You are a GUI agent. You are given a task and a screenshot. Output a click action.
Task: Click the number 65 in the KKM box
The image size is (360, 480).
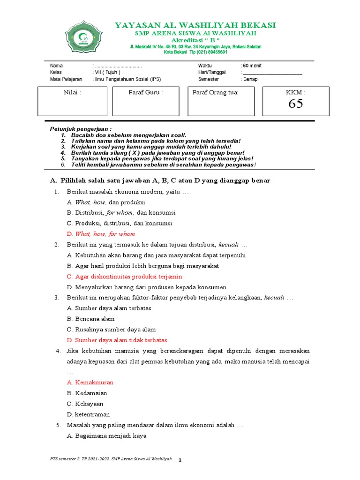click(295, 104)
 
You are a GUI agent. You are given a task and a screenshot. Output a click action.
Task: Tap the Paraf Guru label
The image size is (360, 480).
click(145, 92)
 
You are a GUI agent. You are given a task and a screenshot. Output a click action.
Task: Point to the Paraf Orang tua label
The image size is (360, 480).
click(216, 92)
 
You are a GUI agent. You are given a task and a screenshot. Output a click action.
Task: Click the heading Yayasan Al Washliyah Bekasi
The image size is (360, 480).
click(195, 25)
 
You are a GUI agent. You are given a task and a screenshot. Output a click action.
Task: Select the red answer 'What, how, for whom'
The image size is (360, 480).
click(105, 234)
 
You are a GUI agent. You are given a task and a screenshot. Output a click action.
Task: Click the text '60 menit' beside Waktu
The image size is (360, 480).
click(252, 66)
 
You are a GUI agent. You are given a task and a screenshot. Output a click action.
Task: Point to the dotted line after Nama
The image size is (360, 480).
click(118, 66)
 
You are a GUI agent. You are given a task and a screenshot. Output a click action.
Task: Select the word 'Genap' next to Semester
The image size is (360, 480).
click(250, 79)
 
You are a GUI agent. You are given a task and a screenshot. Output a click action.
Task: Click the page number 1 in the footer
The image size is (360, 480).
click(180, 460)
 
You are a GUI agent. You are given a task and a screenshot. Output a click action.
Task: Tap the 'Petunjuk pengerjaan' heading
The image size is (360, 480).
click(81, 129)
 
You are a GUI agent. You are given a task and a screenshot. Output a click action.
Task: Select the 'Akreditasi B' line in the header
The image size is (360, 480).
click(195, 41)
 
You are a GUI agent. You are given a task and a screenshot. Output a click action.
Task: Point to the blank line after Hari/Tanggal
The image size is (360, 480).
click(273, 73)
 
